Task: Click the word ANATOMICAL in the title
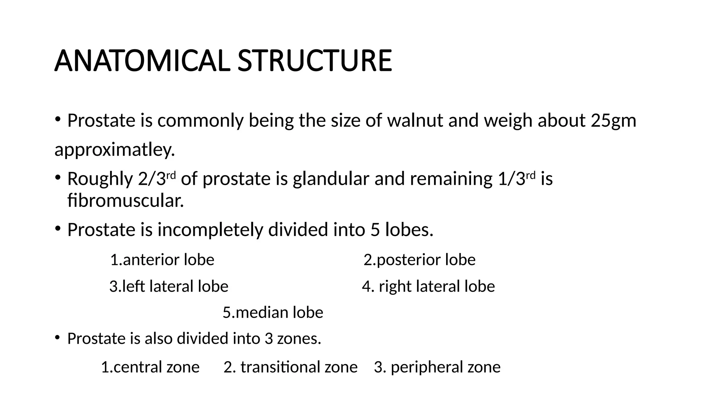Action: coord(142,61)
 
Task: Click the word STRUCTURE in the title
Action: coord(315,61)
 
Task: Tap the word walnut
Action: coord(415,120)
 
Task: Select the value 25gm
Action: coord(613,120)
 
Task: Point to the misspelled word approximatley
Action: coord(115,150)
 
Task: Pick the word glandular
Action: coord(331,178)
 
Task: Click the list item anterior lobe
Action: coord(162,260)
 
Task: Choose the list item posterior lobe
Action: coord(419,260)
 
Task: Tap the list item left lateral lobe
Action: coord(169,286)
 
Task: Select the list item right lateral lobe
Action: coord(428,286)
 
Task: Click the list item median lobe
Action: coord(273,312)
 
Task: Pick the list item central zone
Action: coord(150,367)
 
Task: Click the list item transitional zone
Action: coord(291,367)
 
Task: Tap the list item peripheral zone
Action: coord(437,367)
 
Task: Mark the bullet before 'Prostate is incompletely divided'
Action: coord(58,228)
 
